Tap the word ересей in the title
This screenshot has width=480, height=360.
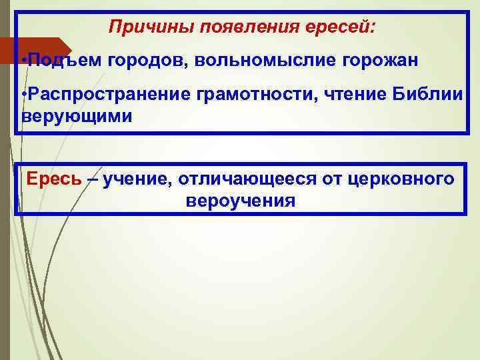[342, 28]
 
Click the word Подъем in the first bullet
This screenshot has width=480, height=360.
[60, 61]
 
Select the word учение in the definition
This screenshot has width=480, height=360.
[135, 179]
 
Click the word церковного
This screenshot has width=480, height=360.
[402, 179]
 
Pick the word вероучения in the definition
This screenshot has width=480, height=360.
[241, 200]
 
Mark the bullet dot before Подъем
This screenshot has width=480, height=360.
[23, 61]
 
